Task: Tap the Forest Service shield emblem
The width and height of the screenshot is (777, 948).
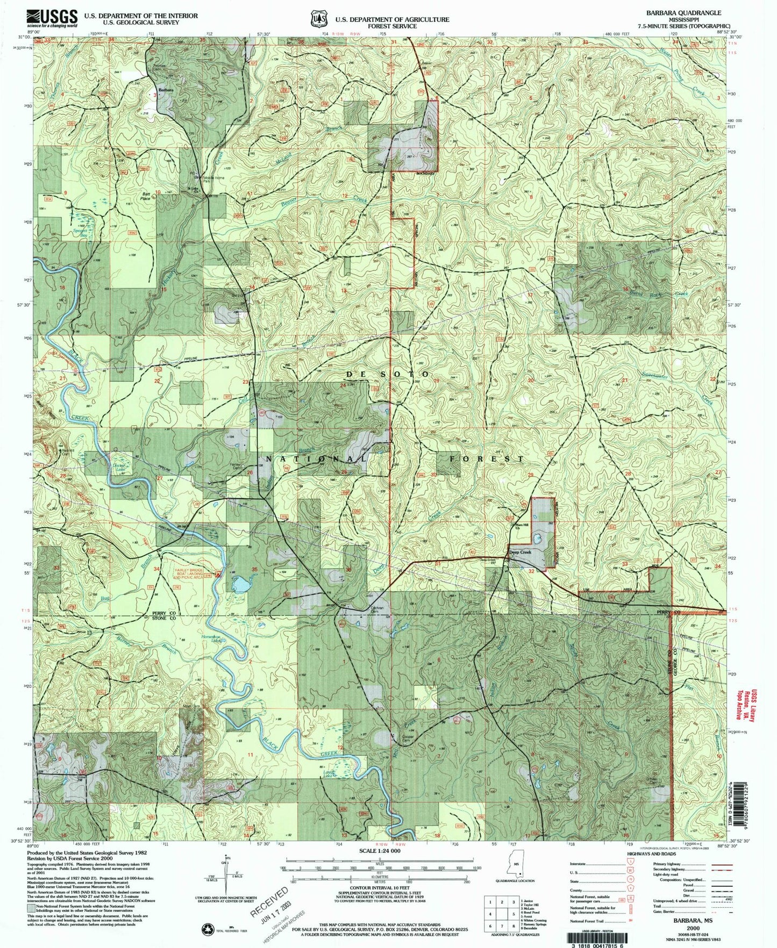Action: tap(320, 19)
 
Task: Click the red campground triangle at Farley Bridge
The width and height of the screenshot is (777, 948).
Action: tap(218, 574)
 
